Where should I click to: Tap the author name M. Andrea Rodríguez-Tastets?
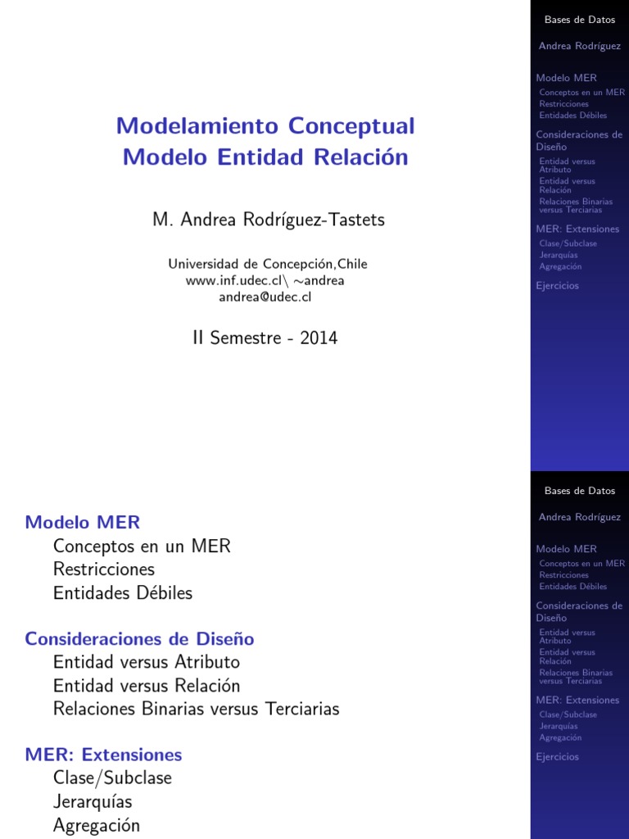click(x=268, y=220)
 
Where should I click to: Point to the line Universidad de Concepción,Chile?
click(x=268, y=264)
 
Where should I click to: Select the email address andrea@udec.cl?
click(x=265, y=297)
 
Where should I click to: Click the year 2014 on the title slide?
click(x=319, y=338)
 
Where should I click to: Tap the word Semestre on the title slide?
click(x=246, y=338)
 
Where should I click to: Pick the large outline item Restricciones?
click(x=103, y=569)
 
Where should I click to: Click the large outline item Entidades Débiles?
click(x=123, y=592)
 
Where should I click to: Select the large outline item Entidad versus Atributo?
click(x=147, y=661)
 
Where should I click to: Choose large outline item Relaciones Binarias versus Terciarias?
click(x=196, y=709)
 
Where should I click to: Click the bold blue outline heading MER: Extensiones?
click(x=103, y=755)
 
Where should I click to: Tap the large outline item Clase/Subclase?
click(x=112, y=778)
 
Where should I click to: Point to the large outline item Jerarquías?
click(x=93, y=801)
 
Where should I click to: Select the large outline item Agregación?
click(x=97, y=825)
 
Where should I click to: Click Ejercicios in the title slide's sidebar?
click(x=557, y=286)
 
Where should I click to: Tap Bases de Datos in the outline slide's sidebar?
click(x=579, y=491)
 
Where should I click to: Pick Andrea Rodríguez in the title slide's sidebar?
click(x=579, y=46)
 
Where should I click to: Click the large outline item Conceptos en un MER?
click(x=142, y=546)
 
